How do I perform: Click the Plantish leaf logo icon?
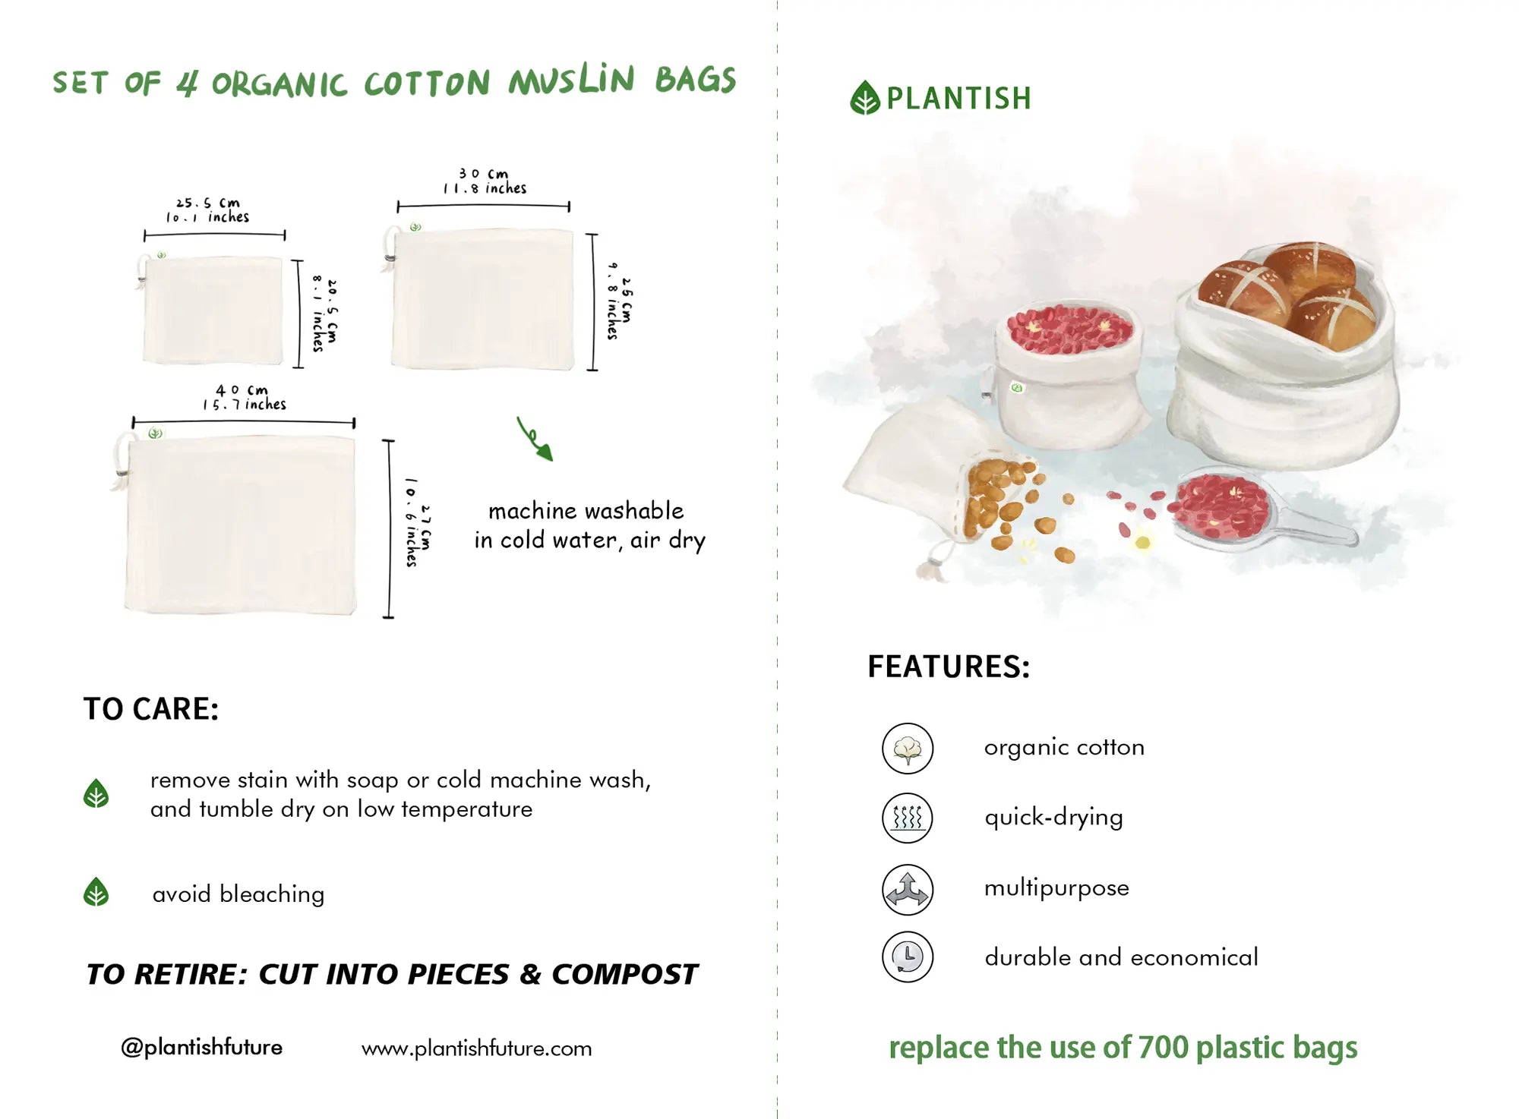click(864, 98)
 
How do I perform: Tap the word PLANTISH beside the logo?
click(959, 99)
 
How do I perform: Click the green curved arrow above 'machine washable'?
click(535, 440)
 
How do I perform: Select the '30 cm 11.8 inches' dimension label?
click(485, 181)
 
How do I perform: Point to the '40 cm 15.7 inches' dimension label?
click(244, 397)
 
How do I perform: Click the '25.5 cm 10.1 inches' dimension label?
click(208, 210)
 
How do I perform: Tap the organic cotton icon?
click(908, 749)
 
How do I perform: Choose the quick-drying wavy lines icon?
click(908, 818)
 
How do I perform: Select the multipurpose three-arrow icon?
click(908, 889)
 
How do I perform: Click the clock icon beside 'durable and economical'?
click(908, 957)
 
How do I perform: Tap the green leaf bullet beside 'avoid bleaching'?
click(96, 893)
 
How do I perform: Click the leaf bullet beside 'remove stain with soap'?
click(96, 794)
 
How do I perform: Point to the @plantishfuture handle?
click(201, 1048)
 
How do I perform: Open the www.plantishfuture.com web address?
click(476, 1048)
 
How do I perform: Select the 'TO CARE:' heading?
click(151, 709)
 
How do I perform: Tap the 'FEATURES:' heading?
click(949, 667)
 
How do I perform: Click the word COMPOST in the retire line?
click(624, 975)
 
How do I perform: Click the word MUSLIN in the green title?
click(571, 80)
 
